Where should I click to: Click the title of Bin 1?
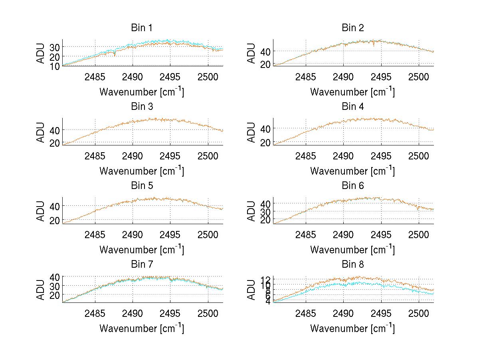[142, 28]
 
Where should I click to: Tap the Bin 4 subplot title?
[353, 107]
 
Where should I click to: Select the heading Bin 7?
[142, 265]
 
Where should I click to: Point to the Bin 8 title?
[353, 265]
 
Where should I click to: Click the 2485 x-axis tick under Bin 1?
[95, 77]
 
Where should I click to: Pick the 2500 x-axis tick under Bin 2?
[418, 77]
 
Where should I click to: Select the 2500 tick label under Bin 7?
[208, 313]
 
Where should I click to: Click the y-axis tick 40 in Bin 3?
[55, 130]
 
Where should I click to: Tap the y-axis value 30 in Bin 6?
[265, 212]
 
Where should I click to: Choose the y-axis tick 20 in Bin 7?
[55, 295]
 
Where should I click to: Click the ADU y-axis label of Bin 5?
[41, 211]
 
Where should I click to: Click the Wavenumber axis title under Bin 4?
[352, 171]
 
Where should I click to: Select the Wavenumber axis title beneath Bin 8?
[352, 328]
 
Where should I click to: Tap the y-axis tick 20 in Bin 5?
[55, 220]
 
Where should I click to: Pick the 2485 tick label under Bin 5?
[95, 235]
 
